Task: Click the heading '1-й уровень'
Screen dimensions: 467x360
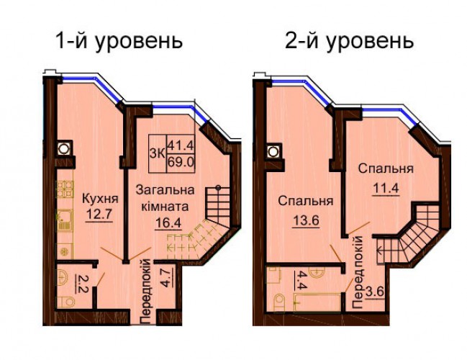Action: [119, 41]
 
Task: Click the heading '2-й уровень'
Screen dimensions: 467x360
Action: [349, 41]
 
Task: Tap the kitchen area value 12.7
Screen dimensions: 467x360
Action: [99, 215]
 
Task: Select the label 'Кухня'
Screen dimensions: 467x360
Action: [100, 199]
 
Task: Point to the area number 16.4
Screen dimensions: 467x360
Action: [168, 223]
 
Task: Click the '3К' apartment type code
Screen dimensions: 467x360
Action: [158, 153]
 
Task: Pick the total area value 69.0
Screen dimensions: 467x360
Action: [181, 163]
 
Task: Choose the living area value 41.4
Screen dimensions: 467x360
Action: [181, 146]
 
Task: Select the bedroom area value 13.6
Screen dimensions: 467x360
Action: [306, 221]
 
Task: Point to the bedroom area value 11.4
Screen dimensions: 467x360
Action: [386, 188]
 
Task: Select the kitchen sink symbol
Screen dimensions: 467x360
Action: [64, 219]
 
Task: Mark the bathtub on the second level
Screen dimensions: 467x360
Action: [317, 302]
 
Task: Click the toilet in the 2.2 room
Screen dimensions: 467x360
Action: [66, 302]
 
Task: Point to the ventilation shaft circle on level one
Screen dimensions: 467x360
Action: [63, 148]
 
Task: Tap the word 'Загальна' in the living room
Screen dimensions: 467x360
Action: [165, 190]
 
